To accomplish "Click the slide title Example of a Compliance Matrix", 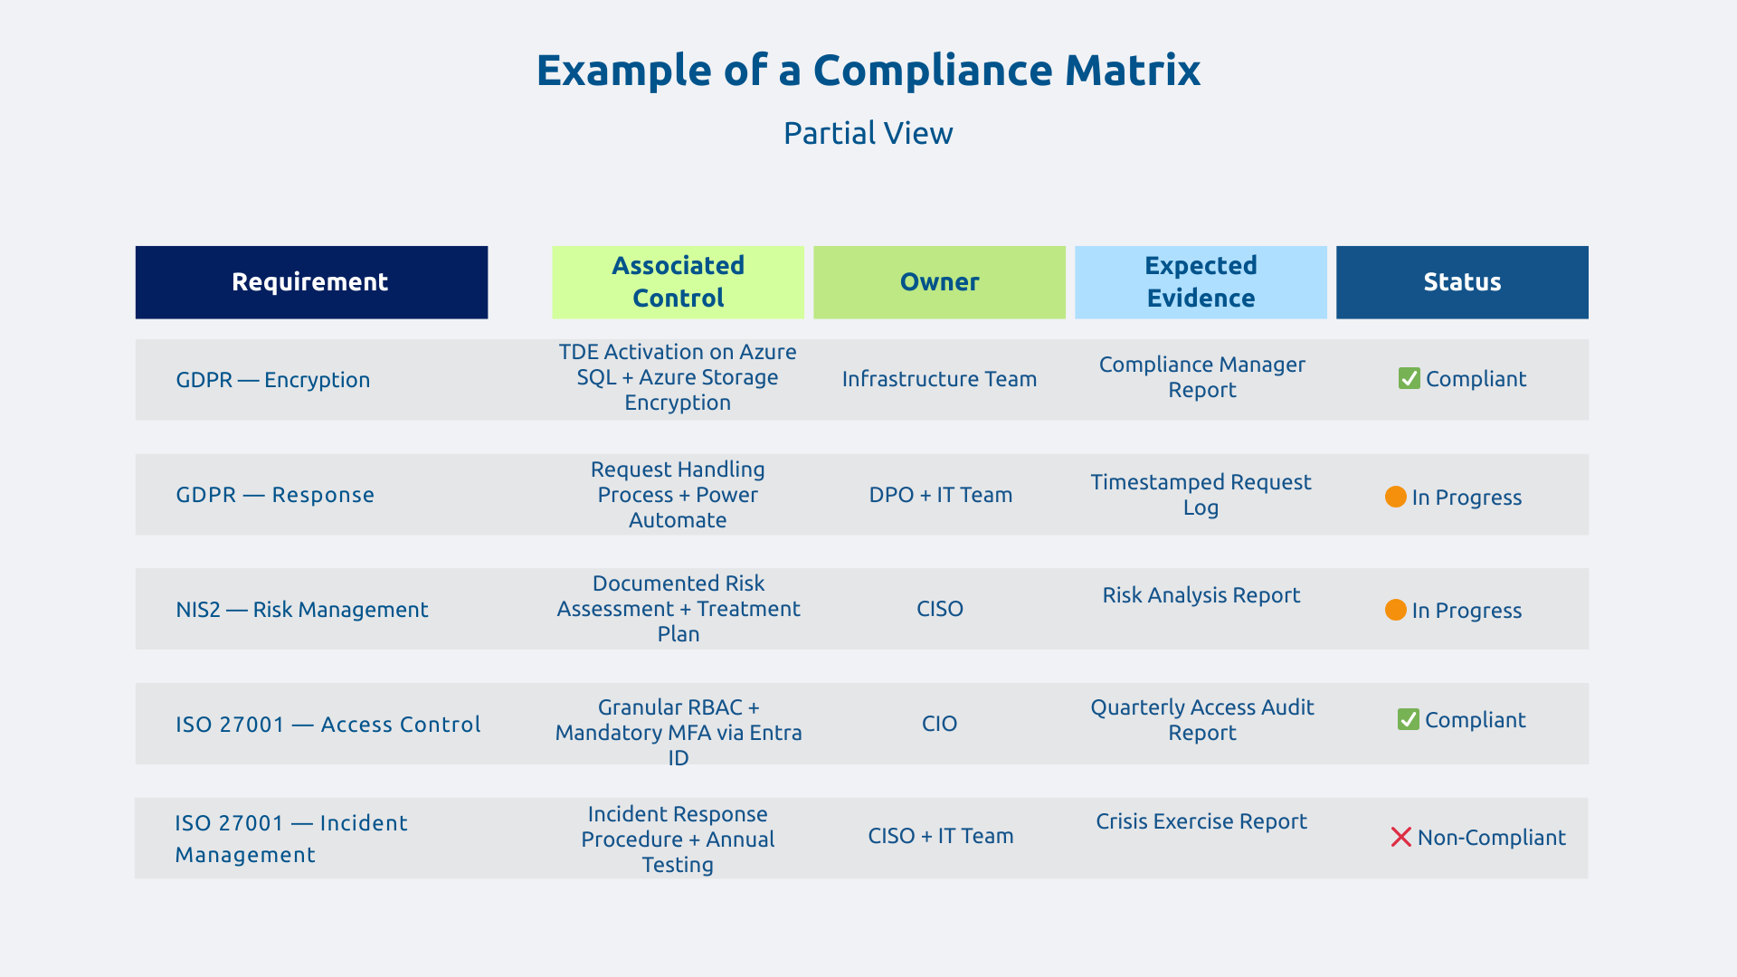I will [x=868, y=71].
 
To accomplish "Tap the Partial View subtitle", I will [x=868, y=133].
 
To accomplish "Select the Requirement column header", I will [x=310, y=282].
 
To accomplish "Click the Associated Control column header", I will [x=678, y=282].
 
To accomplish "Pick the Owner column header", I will [x=939, y=282].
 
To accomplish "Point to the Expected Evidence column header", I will [x=1201, y=282].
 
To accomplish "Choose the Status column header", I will [x=1462, y=282].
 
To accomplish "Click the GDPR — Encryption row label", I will [x=272, y=380].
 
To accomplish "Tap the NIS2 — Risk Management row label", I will [x=301, y=610].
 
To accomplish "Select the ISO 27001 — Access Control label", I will [x=327, y=725].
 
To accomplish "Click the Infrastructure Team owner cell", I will [x=939, y=379].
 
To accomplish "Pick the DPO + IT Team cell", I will [x=940, y=495].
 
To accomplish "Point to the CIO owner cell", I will [x=939, y=724].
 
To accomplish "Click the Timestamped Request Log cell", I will [x=1201, y=495].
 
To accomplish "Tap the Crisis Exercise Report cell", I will [x=1201, y=821].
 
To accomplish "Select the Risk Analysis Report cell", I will [x=1201, y=595].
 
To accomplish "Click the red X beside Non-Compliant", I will [x=1400, y=837].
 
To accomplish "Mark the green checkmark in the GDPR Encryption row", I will [x=1409, y=378].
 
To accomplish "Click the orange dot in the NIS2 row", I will [x=1395, y=610].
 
